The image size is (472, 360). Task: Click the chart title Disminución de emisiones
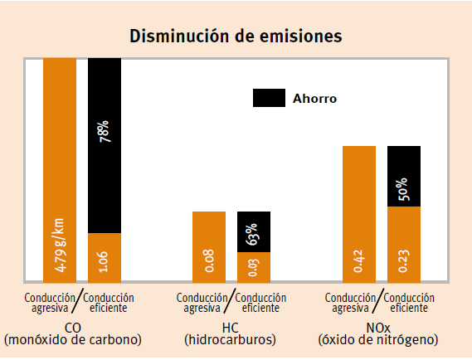click(236, 36)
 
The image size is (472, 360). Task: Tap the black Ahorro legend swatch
click(269, 98)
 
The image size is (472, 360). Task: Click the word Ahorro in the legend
click(314, 98)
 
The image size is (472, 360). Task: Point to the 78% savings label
click(105, 132)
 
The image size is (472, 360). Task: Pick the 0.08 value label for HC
click(209, 264)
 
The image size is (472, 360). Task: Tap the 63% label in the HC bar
click(254, 234)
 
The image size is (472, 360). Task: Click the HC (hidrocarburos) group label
click(231, 333)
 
